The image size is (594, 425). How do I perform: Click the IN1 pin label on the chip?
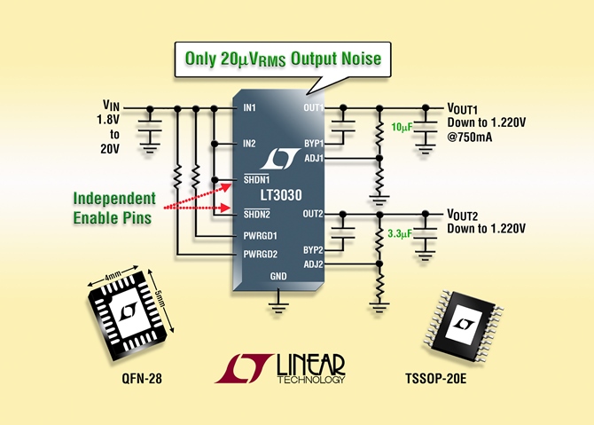[x=249, y=108]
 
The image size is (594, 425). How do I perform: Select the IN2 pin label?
[x=249, y=144]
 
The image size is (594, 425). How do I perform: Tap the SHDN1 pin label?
[x=256, y=179]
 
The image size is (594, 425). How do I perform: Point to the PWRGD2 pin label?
[x=261, y=254]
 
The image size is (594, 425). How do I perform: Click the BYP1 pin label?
[x=314, y=144]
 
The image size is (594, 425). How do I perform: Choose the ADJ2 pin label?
[x=313, y=264]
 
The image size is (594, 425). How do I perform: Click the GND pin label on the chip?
[x=278, y=276]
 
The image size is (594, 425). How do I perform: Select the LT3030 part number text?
[x=281, y=195]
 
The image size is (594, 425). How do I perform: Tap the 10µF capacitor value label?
[x=402, y=128]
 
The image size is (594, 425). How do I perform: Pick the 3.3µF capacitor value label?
[x=400, y=233]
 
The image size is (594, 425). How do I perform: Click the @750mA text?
[x=470, y=137]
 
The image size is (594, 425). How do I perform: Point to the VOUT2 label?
[x=463, y=215]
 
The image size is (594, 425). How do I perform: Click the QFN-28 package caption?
[x=142, y=378]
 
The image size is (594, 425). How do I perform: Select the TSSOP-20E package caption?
[x=435, y=378]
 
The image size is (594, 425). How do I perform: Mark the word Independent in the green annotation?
[x=114, y=198]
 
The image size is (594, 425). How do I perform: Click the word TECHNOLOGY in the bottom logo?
[x=310, y=380]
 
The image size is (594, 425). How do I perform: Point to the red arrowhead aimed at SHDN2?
[x=227, y=208]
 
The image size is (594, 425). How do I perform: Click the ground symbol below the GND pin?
[x=278, y=304]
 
